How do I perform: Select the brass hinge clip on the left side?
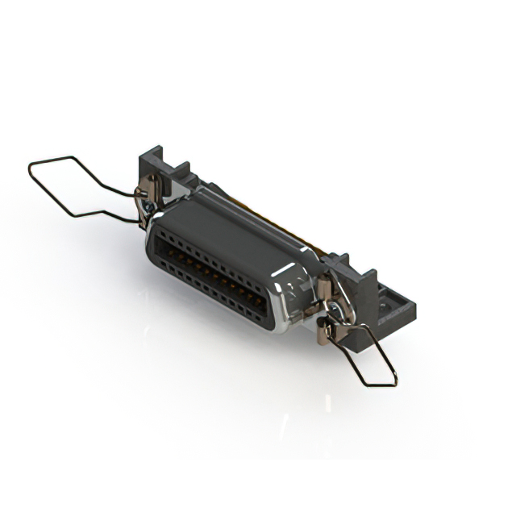[144, 194]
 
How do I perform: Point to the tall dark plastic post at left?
[150, 164]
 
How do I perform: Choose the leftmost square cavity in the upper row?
[162, 234]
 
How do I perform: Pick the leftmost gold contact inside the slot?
[173, 256]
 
